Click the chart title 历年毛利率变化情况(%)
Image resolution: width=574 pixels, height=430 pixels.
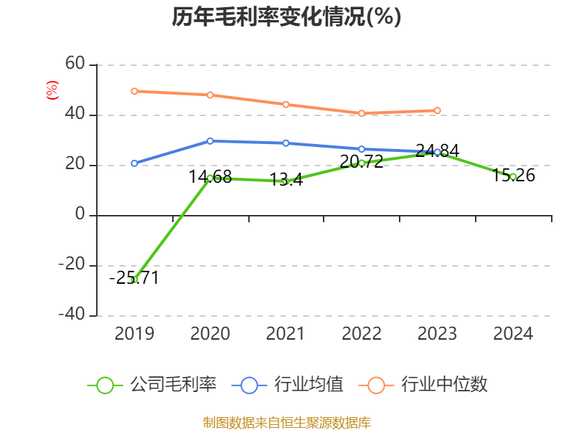(x=286, y=16)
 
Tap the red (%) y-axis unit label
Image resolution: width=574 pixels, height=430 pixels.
(x=52, y=90)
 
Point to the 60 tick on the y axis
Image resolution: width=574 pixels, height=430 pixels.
(x=75, y=64)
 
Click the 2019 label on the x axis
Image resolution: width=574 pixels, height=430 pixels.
(x=134, y=334)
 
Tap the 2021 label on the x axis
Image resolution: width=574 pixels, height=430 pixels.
(x=286, y=334)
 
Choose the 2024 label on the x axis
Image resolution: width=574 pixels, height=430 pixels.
(x=513, y=334)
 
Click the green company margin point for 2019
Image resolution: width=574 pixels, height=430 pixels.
(x=134, y=279)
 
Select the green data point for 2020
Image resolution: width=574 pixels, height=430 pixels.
(x=210, y=178)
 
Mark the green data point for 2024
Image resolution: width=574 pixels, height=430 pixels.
(x=513, y=176)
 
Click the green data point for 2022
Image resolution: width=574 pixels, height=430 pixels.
(x=362, y=163)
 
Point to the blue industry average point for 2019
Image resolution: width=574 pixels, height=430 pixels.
(x=134, y=163)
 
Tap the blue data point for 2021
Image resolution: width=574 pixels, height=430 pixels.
(x=286, y=143)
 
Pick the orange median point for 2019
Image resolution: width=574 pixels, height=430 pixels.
(x=134, y=91)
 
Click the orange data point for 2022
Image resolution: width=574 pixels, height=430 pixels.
(x=362, y=113)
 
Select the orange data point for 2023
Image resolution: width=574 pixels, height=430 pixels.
(x=437, y=110)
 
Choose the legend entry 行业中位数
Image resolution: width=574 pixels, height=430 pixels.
(x=428, y=385)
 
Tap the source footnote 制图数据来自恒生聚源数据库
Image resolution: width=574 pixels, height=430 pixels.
(x=286, y=422)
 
